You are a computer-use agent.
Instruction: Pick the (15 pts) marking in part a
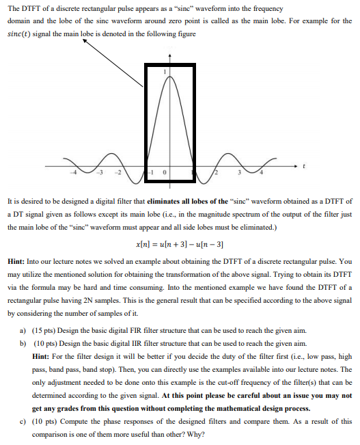coord(60,330)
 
